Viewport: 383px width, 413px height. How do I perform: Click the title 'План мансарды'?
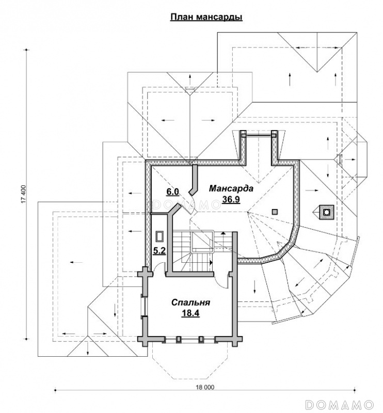coord(206,17)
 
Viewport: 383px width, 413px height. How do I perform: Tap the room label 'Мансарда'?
coord(231,188)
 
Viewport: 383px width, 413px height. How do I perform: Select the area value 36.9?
coord(231,200)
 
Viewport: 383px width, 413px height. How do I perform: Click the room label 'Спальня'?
coord(190,303)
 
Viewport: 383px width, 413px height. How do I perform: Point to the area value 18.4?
coord(190,313)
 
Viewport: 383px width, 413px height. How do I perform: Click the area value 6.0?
coord(172,192)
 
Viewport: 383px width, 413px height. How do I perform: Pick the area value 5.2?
coord(159,251)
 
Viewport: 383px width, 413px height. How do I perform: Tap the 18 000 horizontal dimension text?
coord(205,388)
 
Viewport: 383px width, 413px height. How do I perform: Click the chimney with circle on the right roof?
coord(326,212)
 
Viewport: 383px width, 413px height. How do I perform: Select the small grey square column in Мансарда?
coord(275,212)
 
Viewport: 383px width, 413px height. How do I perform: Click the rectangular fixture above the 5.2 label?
coord(159,236)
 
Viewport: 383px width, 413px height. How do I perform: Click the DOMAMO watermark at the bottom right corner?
coord(339,404)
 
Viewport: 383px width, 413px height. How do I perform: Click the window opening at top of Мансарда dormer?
coord(260,135)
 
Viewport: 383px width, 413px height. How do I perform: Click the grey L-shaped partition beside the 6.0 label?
coord(194,180)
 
